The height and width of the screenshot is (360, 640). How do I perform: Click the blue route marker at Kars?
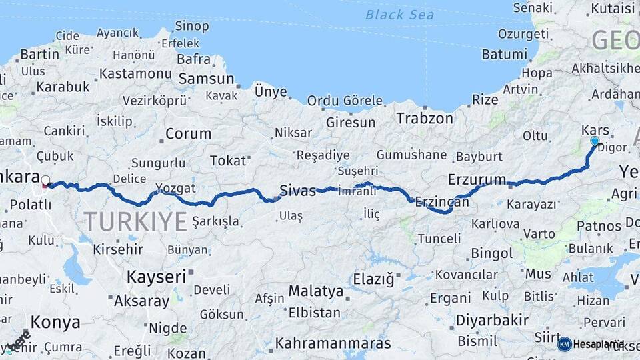coord(595,141)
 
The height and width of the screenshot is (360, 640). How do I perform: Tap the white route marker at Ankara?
coord(45,180)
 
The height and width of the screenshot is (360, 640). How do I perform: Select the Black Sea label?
coord(399,15)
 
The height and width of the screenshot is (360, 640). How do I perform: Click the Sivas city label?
coord(297,191)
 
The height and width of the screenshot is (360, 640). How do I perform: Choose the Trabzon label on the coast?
coord(424,119)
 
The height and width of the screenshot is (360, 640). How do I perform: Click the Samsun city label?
coord(206,79)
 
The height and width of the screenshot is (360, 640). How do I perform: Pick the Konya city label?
coord(55,323)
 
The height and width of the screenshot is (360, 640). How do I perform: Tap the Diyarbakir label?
coord(492,320)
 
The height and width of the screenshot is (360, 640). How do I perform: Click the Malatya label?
coord(316,291)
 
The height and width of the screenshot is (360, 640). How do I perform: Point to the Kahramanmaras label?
coord(333,344)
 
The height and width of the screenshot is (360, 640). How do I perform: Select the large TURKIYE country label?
coord(135,221)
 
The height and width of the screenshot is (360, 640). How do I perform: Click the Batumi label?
coord(504,55)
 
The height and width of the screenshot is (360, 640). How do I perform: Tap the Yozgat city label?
coord(175,187)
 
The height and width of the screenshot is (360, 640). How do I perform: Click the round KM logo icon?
coord(565,344)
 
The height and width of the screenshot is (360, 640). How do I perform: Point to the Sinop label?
coord(191,27)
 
